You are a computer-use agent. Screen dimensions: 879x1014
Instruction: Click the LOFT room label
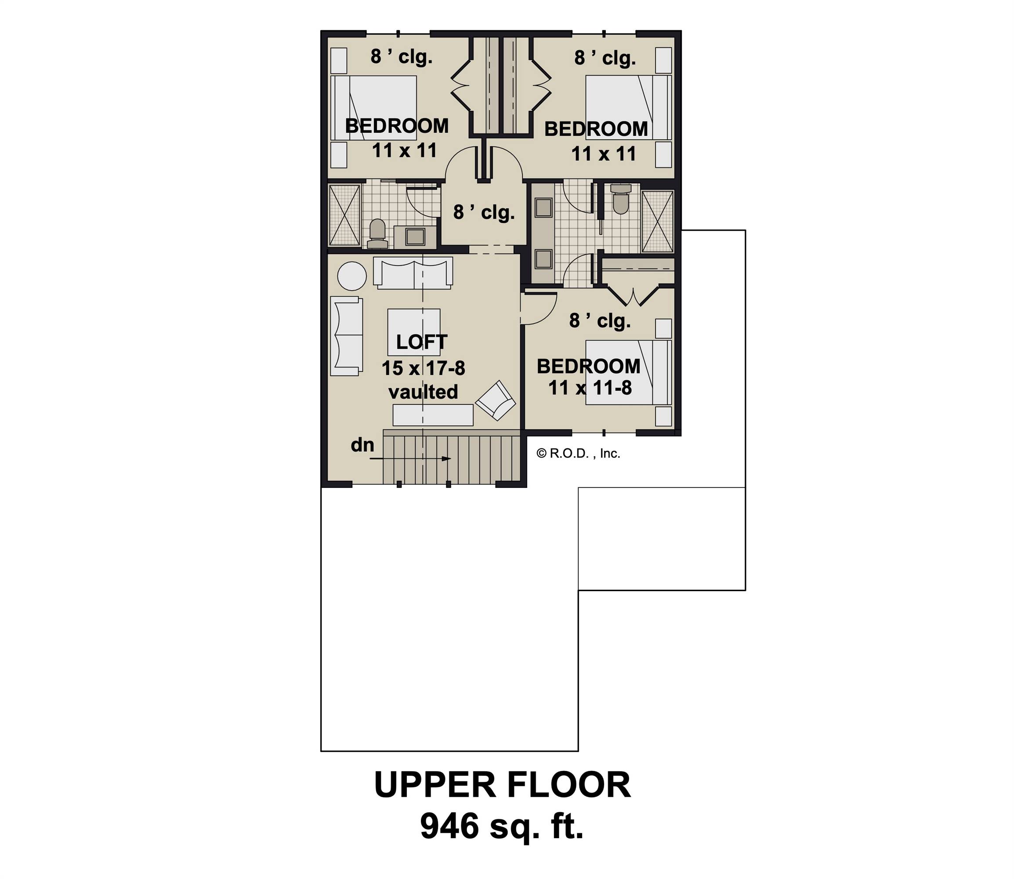click(421, 342)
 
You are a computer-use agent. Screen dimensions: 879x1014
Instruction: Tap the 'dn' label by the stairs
click(362, 445)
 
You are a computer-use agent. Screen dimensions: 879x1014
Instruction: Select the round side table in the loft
click(351, 276)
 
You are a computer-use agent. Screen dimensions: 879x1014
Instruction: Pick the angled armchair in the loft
click(495, 400)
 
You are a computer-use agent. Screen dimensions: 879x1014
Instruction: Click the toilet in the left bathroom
click(377, 233)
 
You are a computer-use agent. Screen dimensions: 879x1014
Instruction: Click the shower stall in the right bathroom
click(658, 221)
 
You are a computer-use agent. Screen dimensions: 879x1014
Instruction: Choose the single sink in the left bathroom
click(415, 236)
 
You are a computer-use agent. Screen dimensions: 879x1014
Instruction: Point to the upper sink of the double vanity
click(543, 207)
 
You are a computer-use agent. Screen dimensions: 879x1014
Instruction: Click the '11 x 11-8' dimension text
click(590, 388)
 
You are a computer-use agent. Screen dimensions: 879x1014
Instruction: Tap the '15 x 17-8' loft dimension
click(423, 368)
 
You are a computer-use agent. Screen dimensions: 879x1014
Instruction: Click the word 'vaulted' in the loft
click(423, 392)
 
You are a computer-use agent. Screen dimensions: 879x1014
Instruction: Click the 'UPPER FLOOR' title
click(502, 785)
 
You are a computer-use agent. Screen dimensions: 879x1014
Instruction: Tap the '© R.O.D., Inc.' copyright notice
click(579, 454)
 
